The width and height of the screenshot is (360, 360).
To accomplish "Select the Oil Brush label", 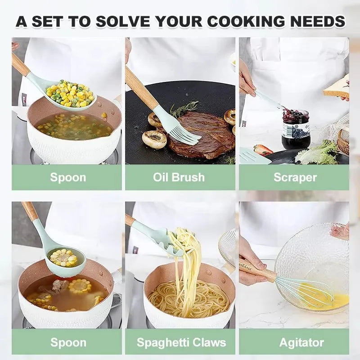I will pos(179,177).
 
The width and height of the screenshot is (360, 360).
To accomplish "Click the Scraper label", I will pos(295,177).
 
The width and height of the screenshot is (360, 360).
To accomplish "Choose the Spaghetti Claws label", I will pos(181,342).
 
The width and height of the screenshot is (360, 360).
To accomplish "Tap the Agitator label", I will pos(301,342).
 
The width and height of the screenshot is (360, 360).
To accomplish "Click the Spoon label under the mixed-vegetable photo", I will pos(68,177).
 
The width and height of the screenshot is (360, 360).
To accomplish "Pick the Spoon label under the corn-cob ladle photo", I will pos(68,342).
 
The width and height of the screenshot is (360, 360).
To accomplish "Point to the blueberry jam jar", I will pos(296,130).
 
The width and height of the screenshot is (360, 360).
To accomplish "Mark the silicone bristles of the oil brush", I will pos(182,130).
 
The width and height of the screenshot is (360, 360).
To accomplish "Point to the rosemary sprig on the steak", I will pos(184,108).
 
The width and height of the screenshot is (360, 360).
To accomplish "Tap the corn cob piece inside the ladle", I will pos(63,257).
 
